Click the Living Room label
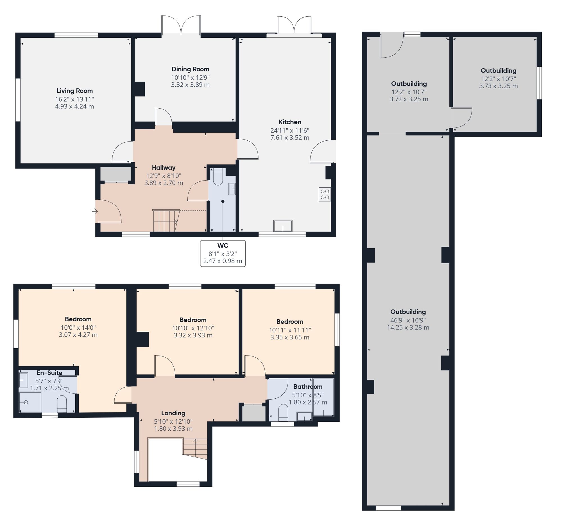pyautogui.click(x=75, y=91)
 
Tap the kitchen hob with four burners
pyautogui.click(x=325, y=194)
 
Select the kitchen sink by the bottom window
pyautogui.click(x=283, y=226)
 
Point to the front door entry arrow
pyautogui.click(x=95, y=211)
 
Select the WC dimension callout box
pyautogui.click(x=223, y=253)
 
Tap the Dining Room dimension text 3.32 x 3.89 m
pyautogui.click(x=190, y=85)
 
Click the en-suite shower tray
pyautogui.click(x=30, y=401)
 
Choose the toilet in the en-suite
pyautogui.click(x=62, y=404)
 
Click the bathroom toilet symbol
pyautogui.click(x=283, y=413)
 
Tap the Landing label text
pyautogui.click(x=173, y=413)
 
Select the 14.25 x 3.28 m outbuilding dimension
pyautogui.click(x=408, y=327)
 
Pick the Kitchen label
pyautogui.click(x=290, y=122)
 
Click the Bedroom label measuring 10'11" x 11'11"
pyautogui.click(x=290, y=322)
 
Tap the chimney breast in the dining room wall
pyautogui.click(x=140, y=89)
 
